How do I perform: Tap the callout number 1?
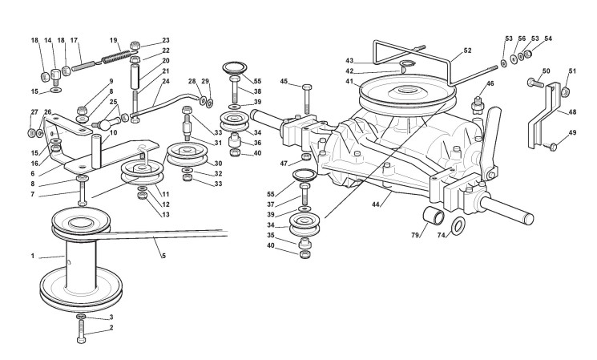[x=33, y=256]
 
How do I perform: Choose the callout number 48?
[x=572, y=113]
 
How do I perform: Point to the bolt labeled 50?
[x=535, y=83]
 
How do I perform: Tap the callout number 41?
[x=349, y=82]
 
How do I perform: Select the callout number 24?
[x=166, y=81]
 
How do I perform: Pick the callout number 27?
[x=34, y=112]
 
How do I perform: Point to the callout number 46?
[x=490, y=83]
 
